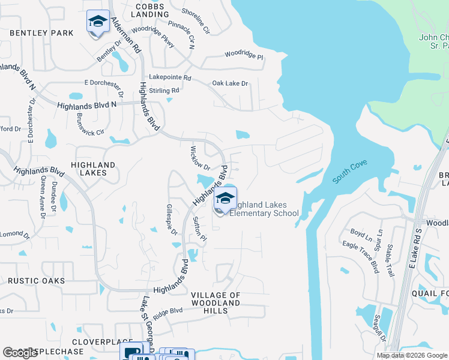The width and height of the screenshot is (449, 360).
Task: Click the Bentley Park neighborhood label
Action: (41, 32)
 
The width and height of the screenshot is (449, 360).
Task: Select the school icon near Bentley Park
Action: (98, 23)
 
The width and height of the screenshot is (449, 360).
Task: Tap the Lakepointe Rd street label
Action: (170, 78)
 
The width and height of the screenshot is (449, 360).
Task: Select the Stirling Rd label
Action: (164, 91)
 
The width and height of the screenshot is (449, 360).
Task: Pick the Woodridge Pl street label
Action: (244, 55)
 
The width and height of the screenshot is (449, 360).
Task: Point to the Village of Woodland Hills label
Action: (215, 303)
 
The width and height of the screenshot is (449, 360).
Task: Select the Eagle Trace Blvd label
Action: (360, 254)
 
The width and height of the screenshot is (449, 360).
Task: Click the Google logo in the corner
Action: (20, 352)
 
